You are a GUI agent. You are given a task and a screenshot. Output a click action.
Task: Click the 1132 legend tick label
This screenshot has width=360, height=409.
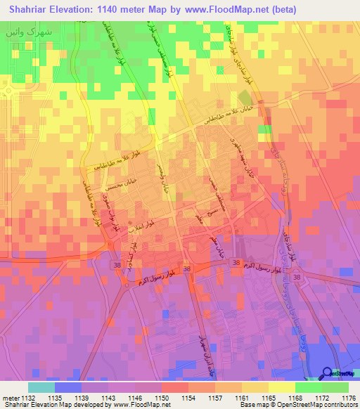click(29, 398)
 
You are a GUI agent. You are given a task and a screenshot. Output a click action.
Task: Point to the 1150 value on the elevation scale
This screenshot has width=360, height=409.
click(161, 398)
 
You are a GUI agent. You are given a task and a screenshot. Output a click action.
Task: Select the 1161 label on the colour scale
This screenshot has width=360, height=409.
click(241, 398)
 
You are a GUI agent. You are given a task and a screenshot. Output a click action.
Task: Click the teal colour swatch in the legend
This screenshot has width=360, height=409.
click(41, 387)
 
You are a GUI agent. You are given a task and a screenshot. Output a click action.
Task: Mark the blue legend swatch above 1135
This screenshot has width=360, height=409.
click(68, 387)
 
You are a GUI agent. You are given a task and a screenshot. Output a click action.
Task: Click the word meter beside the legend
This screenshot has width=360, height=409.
click(10, 398)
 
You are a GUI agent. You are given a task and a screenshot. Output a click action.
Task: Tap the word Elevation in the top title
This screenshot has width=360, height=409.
click(78, 10)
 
